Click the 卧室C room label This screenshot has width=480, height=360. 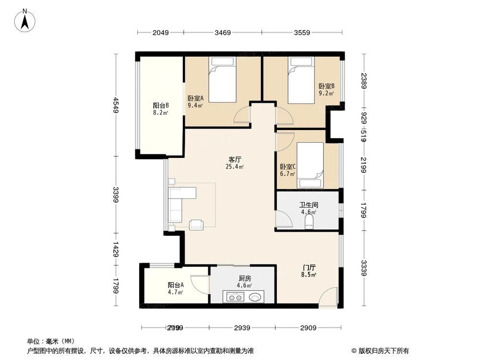click(288, 170)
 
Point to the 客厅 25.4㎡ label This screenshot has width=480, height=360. click(235, 163)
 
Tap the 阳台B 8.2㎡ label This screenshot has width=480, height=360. click(160, 109)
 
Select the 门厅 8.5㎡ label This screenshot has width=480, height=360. click(309, 271)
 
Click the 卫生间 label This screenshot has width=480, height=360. click(308, 208)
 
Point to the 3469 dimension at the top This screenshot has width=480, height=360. click(223, 33)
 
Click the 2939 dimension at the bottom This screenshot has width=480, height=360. click(243, 328)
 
